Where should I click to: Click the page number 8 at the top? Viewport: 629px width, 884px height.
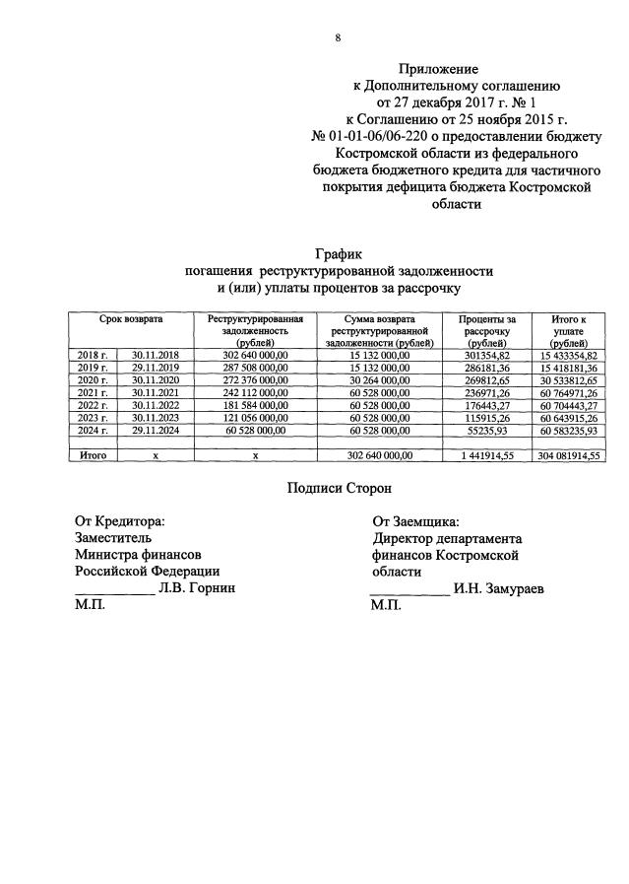coord(338,37)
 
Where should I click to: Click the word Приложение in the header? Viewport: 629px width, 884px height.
coord(438,70)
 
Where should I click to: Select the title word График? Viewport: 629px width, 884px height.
coord(339,254)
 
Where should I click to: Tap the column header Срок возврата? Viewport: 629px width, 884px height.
coord(131,320)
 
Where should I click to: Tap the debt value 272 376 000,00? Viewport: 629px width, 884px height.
coord(254,380)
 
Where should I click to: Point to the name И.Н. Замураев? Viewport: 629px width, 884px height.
coord(499,589)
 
